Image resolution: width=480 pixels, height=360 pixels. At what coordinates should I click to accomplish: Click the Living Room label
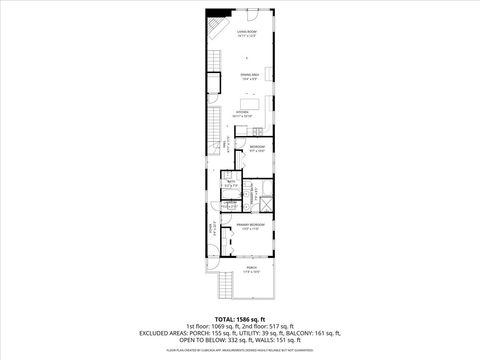[x=247, y=33]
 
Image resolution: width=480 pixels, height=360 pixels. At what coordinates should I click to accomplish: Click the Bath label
[x=230, y=182]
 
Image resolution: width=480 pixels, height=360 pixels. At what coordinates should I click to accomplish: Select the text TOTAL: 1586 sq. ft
[x=239, y=317]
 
